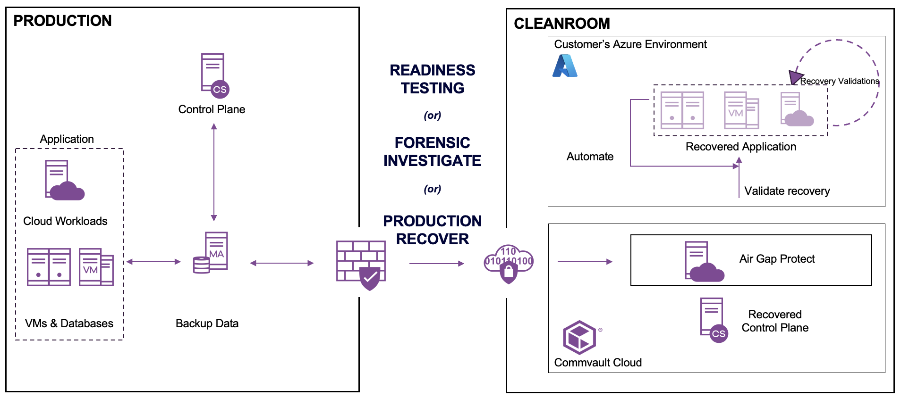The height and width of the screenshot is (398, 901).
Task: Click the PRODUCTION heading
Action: (62, 21)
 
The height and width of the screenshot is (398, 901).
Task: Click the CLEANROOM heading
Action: (561, 24)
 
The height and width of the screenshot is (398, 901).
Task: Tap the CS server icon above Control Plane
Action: (214, 75)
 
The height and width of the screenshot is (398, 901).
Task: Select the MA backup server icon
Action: (211, 253)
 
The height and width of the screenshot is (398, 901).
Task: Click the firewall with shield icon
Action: (361, 265)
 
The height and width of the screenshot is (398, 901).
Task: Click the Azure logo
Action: (565, 66)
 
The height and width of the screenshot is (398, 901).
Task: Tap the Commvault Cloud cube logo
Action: (579, 338)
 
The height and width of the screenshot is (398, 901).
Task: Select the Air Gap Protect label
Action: (777, 259)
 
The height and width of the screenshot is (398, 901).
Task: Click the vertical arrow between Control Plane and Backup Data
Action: (214, 172)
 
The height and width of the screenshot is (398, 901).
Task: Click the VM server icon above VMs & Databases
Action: (96, 267)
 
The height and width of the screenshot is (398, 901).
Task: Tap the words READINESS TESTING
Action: (432, 79)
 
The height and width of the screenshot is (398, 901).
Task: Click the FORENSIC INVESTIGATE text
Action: (432, 152)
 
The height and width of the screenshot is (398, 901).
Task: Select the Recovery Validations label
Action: (839, 81)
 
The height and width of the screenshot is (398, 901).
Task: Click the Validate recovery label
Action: (787, 191)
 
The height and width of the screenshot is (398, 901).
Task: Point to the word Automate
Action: (590, 157)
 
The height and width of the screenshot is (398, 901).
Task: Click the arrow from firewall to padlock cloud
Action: (436, 264)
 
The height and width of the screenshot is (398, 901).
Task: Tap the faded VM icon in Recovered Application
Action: (741, 111)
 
